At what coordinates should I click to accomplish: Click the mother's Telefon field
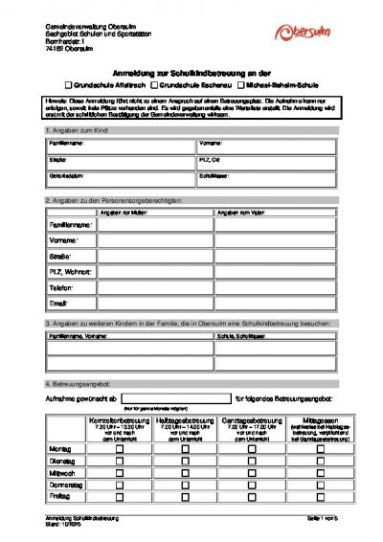click(149, 287)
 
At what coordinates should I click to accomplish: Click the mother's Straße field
click(149, 256)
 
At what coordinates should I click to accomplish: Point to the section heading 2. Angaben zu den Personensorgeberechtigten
click(105, 200)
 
